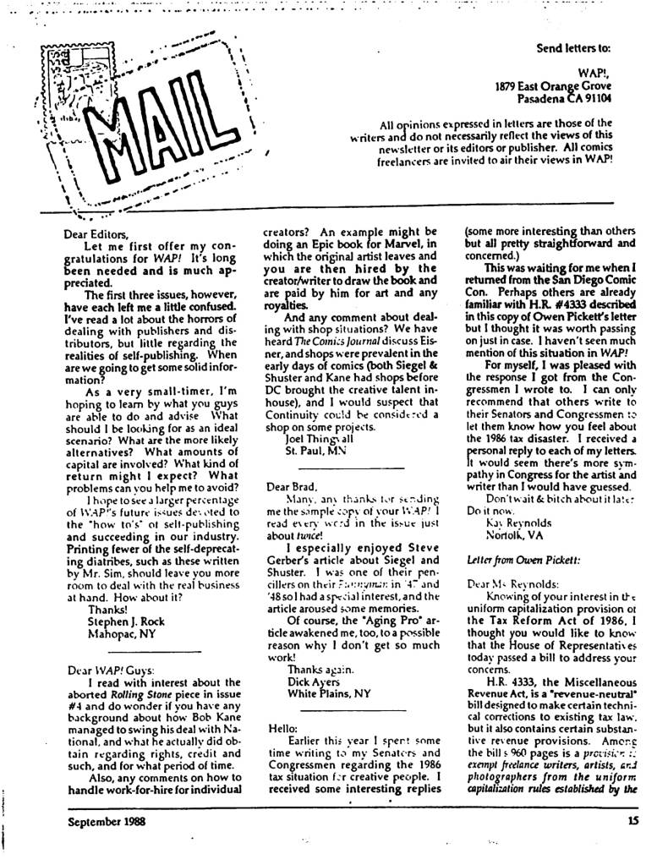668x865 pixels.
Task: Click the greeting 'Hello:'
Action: click(281, 726)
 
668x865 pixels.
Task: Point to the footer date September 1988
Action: click(110, 818)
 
